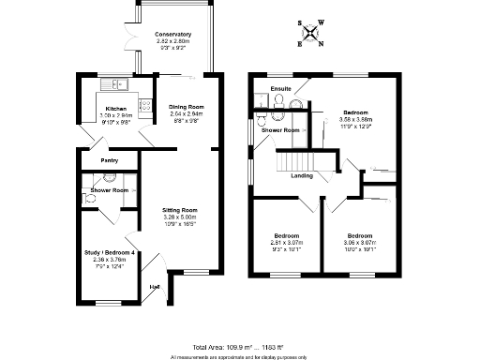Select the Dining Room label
pyautogui.click(x=186, y=107)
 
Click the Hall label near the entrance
pyautogui.click(x=154, y=287)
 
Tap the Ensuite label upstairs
pyautogui.click(x=281, y=89)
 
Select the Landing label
pyautogui.click(x=302, y=175)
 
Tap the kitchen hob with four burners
pyautogui.click(x=145, y=105)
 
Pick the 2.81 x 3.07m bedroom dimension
pyautogui.click(x=286, y=242)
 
